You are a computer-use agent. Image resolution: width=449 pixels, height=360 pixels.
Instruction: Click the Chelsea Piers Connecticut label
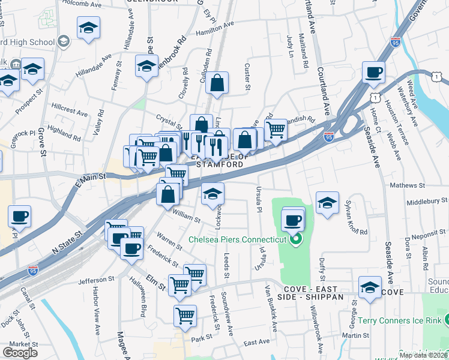[x=237, y=239]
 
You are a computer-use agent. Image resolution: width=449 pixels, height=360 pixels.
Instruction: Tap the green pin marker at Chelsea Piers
[x=294, y=241]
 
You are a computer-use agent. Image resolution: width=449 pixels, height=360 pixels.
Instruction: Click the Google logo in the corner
[x=20, y=353]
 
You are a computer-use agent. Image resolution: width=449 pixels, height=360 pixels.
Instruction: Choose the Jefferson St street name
[x=95, y=280]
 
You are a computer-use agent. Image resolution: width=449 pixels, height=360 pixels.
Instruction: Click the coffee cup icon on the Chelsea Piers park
[x=292, y=220]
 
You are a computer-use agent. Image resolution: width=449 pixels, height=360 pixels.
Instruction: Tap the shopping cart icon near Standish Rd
[x=276, y=129]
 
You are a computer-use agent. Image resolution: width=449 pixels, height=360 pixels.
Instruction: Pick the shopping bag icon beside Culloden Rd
[x=217, y=83]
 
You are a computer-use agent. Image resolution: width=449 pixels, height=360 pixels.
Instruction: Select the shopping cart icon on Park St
[x=185, y=315]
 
